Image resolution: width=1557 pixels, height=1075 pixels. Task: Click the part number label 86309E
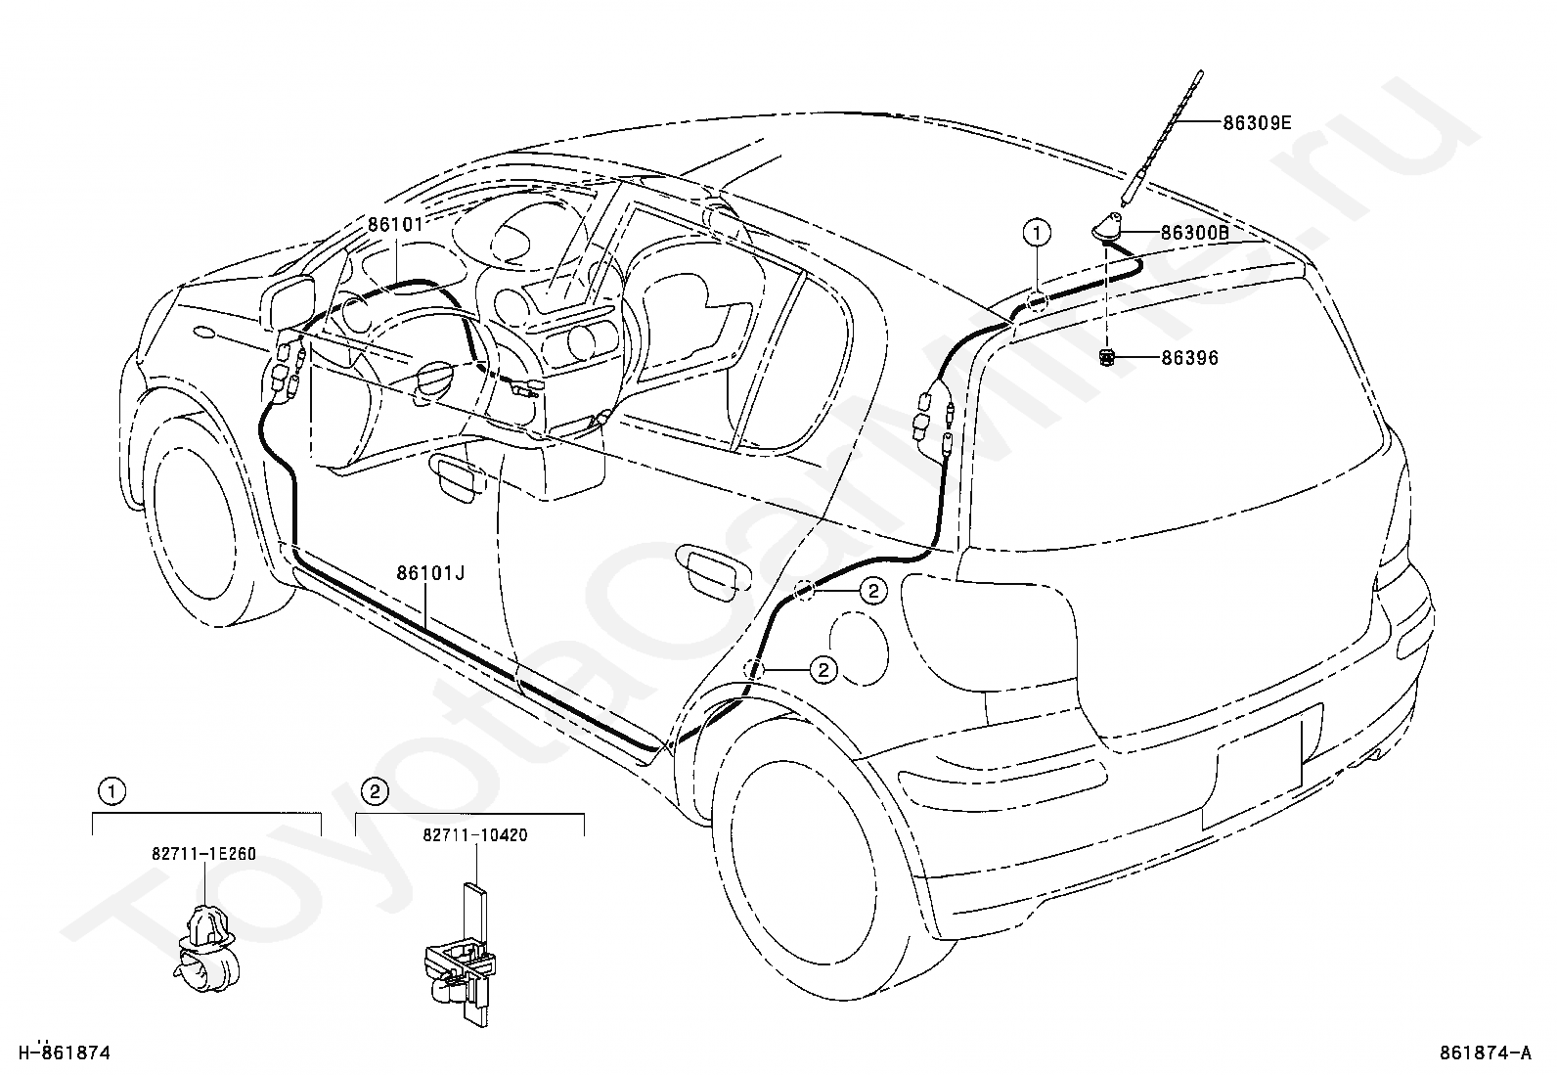coord(1257,123)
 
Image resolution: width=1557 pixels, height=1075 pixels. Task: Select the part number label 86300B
coord(1195,233)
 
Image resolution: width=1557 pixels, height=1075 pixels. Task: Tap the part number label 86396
coord(1190,358)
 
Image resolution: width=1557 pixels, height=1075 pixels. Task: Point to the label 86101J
coord(430,573)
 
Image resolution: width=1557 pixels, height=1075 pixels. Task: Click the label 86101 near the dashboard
coord(395,225)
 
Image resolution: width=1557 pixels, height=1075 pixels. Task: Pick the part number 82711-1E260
coord(204,853)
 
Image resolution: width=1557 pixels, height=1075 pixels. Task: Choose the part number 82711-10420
coord(475,834)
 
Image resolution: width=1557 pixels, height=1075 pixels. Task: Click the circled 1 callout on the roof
coord(1037,232)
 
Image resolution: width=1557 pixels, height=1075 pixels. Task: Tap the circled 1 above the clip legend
coord(111,791)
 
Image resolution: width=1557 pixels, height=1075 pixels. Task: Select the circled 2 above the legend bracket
coord(376,791)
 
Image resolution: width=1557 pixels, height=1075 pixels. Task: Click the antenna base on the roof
coord(1107,228)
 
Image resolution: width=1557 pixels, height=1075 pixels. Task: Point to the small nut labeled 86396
coord(1106,358)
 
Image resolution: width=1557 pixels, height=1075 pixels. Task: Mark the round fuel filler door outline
coord(859,649)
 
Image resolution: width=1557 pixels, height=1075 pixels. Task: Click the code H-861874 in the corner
coord(64,1053)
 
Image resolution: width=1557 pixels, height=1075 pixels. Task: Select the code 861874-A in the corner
coord(1486,1053)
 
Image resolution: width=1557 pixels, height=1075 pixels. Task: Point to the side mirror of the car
coord(289,302)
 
